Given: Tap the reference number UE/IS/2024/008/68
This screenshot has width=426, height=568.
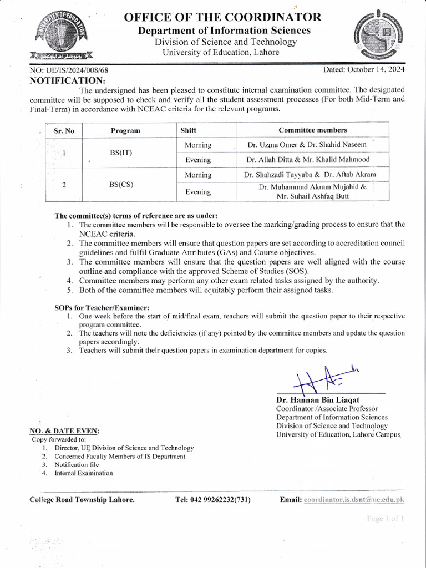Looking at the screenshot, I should [x=69, y=70].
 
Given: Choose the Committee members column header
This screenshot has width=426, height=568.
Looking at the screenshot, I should [x=312, y=130].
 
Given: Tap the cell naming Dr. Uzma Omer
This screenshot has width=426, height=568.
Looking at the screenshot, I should [x=307, y=145].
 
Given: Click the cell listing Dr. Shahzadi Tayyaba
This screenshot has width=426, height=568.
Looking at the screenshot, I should [x=310, y=175].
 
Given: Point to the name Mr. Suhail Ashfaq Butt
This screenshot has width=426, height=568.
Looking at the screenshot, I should [x=313, y=196].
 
